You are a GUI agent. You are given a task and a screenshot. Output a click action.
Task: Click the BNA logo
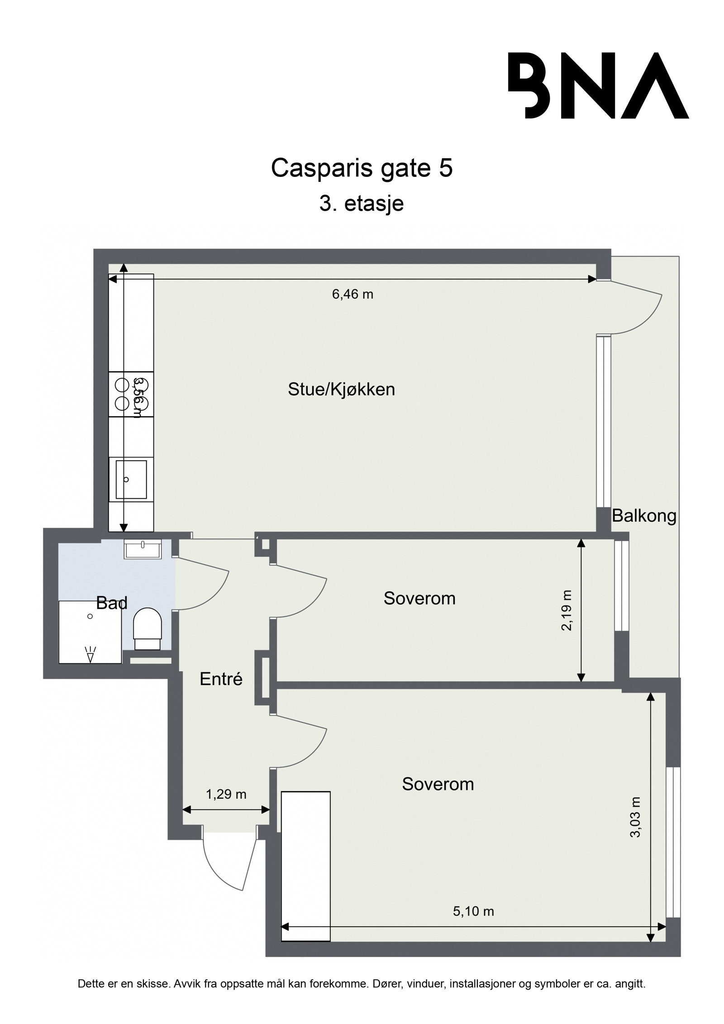(598, 86)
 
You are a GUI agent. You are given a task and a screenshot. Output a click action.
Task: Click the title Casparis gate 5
(362, 168)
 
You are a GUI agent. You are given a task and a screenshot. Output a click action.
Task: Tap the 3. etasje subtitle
(362, 204)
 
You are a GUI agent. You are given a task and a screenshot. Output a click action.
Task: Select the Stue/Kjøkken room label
(341, 390)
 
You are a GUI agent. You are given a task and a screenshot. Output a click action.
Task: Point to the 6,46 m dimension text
(352, 295)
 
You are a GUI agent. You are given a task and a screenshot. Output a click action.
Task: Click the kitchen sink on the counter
(131, 479)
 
